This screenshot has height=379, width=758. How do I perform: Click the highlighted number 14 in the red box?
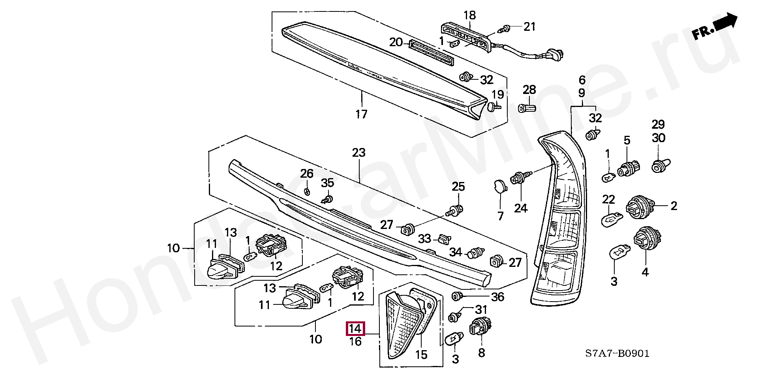click(x=355, y=328)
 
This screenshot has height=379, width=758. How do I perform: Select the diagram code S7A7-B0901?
click(x=617, y=353)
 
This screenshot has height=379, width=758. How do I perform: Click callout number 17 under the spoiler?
click(x=361, y=114)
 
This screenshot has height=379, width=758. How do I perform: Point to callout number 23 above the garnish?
click(x=358, y=153)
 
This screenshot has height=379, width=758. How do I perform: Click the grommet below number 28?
click(x=527, y=107)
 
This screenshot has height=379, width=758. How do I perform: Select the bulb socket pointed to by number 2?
click(x=640, y=206)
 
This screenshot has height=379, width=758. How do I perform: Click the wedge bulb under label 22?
click(x=612, y=218)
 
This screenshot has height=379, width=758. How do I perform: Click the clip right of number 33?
click(x=444, y=238)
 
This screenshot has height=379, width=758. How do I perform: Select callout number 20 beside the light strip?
click(x=396, y=42)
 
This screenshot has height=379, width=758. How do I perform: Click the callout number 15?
click(x=421, y=355)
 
